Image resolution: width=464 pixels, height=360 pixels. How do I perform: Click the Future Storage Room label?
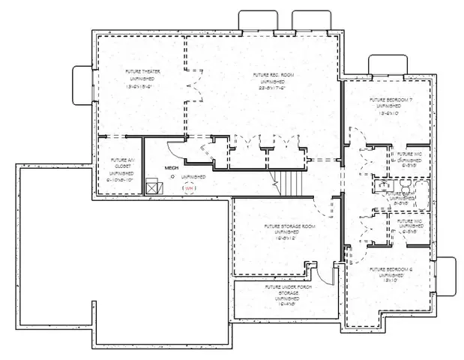289,232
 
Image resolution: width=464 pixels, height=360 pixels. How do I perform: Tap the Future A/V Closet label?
122,169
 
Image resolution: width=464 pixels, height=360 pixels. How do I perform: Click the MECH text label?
172,168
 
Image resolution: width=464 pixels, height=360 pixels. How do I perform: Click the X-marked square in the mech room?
154,186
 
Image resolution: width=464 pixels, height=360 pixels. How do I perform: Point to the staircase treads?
289,181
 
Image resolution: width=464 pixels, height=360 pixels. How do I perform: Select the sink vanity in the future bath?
382,184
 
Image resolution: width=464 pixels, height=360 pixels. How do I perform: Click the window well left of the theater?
81,81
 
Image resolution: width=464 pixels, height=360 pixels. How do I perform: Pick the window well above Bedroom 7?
387,66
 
